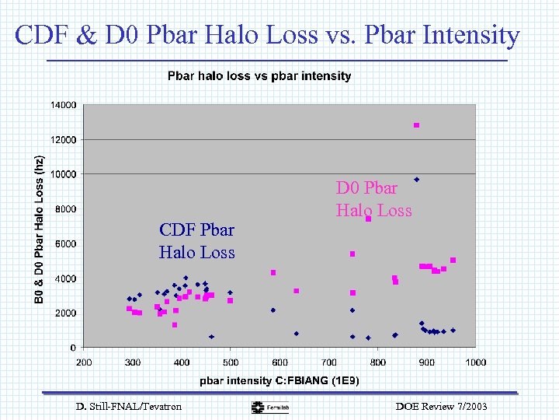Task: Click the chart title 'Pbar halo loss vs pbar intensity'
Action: [259, 76]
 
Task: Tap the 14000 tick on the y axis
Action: [64, 105]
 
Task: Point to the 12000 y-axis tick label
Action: [64, 140]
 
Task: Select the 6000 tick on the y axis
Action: [66, 243]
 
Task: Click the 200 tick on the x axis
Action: [84, 362]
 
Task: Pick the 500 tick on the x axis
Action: [231, 362]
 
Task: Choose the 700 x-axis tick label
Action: [328, 362]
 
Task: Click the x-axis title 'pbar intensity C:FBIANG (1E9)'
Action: [279, 380]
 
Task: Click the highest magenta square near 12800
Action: [416, 125]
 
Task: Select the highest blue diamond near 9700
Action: [416, 180]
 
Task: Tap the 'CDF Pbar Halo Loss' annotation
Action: [196, 241]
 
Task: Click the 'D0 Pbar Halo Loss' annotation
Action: [373, 199]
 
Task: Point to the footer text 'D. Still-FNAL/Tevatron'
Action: [129, 406]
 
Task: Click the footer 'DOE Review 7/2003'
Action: [442, 406]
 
